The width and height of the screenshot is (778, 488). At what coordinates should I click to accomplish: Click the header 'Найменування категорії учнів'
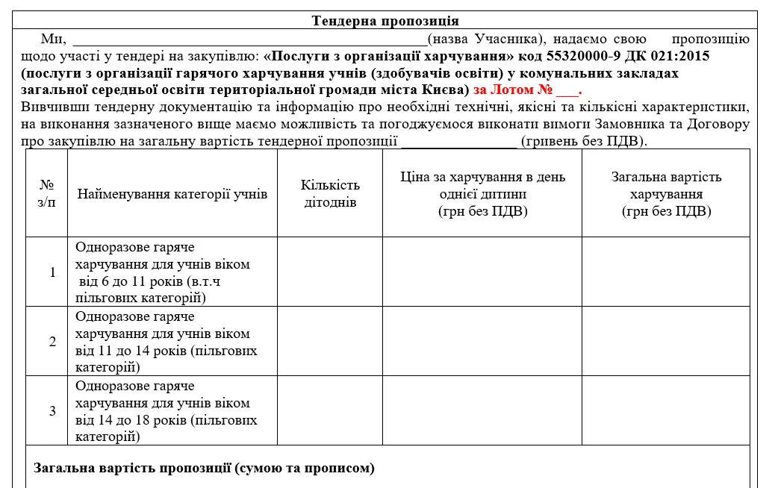[x=172, y=194]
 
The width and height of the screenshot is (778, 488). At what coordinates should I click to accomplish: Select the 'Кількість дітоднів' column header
[x=330, y=194]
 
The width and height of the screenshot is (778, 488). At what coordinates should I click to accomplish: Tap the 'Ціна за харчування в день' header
[x=482, y=178]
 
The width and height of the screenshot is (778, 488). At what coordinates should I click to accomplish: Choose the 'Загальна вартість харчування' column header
[x=666, y=194]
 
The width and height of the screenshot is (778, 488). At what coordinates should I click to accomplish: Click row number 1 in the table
[x=52, y=272]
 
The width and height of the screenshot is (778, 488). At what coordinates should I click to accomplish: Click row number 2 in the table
[x=52, y=342]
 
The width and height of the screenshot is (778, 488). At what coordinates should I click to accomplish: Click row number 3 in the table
[x=52, y=410]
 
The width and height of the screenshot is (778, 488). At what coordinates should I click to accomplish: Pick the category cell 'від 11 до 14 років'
[x=166, y=342]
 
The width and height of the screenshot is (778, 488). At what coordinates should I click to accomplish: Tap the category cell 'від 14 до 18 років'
[x=166, y=410]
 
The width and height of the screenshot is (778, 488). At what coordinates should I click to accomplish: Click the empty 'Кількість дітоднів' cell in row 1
[x=330, y=272]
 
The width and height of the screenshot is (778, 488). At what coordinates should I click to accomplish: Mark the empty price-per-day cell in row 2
[x=482, y=342]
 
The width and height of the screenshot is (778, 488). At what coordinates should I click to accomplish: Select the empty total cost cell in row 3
[x=666, y=410]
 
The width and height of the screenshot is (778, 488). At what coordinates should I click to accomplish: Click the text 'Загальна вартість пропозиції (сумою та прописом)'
[x=204, y=469]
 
